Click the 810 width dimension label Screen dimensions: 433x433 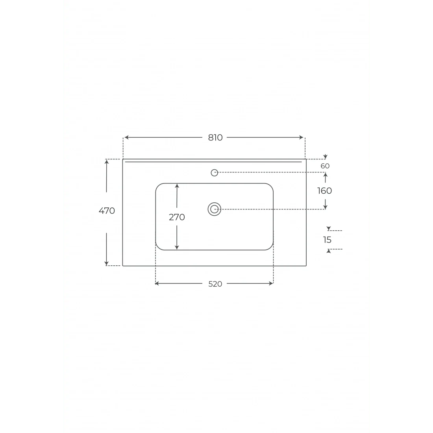click(215, 137)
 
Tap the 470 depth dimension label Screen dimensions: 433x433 click(107, 211)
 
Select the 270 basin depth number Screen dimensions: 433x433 click(177, 217)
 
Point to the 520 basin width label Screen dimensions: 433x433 click(215, 284)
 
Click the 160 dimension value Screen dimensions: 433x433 click(324, 191)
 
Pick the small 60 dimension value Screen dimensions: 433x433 click(325, 166)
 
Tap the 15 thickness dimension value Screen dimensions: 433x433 click(327, 240)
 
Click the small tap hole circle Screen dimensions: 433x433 click(214, 172)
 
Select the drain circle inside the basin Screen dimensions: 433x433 click(214, 209)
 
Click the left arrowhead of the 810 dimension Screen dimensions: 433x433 click(126, 137)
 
